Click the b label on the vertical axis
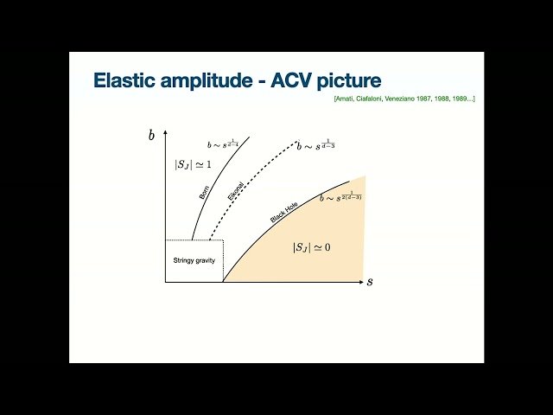tap(152, 135)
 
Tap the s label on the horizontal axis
tap(370, 282)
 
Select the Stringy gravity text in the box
tap(194, 260)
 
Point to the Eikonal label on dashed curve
tap(236, 192)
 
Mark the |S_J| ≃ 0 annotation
tap(312, 247)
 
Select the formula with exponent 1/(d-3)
tap(315, 145)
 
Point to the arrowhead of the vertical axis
tap(165, 131)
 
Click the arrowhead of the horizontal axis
tap(361, 282)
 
